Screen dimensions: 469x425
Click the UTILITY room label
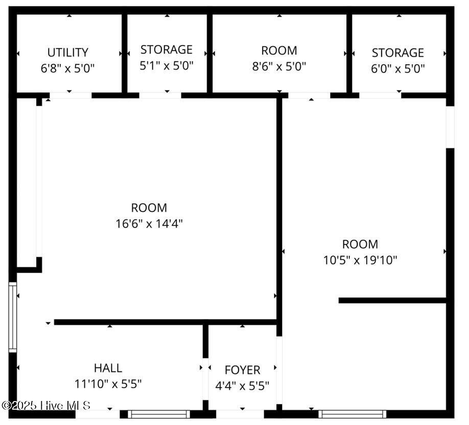click(x=68, y=53)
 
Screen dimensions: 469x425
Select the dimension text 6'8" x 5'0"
click(x=67, y=68)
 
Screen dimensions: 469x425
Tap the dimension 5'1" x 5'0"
click(x=167, y=65)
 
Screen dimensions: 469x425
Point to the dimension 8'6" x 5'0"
click(x=279, y=66)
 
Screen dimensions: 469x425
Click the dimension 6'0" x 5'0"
click(x=398, y=69)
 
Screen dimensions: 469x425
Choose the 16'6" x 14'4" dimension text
click(x=149, y=223)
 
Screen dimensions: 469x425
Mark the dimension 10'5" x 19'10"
click(x=360, y=260)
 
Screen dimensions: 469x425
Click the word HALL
click(x=108, y=368)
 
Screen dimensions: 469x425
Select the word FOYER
click(x=242, y=370)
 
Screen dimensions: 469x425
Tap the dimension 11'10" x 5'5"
click(x=108, y=384)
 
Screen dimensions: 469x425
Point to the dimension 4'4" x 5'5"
click(x=242, y=386)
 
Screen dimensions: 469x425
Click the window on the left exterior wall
click(x=13, y=317)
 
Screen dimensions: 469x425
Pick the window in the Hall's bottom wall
click(x=159, y=414)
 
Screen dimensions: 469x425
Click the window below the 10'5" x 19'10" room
click(x=352, y=414)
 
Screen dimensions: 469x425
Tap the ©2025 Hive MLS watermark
click(x=46, y=406)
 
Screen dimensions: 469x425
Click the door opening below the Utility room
click(x=71, y=96)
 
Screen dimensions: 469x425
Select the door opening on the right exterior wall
click(x=450, y=127)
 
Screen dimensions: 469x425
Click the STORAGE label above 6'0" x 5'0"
click(x=398, y=53)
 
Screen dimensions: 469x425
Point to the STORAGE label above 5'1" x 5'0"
click(x=167, y=50)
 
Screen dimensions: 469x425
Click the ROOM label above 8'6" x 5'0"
click(x=279, y=51)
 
